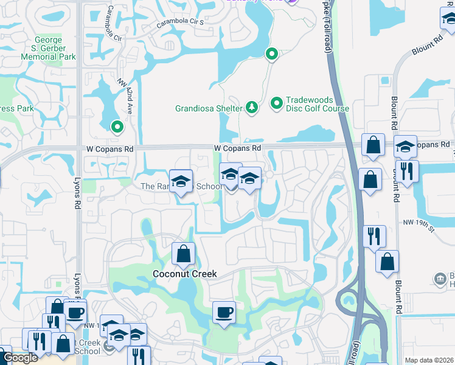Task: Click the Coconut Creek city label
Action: [x=184, y=274]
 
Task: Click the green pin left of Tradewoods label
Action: [x=276, y=104]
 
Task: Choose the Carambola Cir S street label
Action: [x=179, y=22]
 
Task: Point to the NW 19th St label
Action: [x=419, y=225]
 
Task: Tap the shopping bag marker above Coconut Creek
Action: [x=183, y=254]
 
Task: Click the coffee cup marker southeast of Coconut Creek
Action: [x=224, y=313]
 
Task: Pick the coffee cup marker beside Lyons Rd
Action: [x=75, y=313]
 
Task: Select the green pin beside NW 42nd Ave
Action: [x=117, y=127]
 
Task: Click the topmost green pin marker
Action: [x=272, y=55]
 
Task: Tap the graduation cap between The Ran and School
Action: [x=181, y=181]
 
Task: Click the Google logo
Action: [x=20, y=358]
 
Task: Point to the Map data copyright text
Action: [x=429, y=360]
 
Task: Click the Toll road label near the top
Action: [x=327, y=27]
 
